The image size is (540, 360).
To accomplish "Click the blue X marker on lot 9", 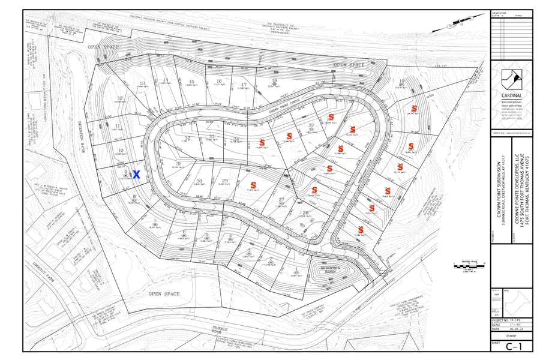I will tap(136, 175).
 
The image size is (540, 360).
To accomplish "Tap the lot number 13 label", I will tap(142, 83).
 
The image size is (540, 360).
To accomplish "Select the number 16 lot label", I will tap(219, 81).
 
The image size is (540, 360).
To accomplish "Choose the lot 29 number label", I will tap(225, 181).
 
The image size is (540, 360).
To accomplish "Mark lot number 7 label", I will tap(155, 222).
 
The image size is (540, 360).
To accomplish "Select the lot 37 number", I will tap(311, 125).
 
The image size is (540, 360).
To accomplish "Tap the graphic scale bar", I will tap(470, 266).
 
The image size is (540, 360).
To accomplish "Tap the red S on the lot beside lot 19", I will tap(414, 108).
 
